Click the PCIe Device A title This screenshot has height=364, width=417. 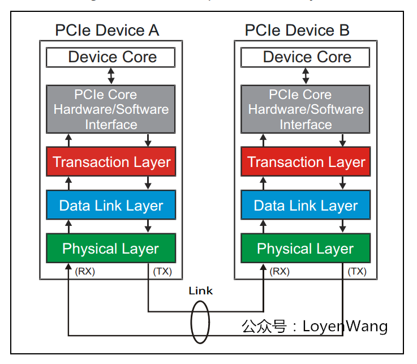point(107,30)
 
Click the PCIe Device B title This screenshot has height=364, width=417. point(297,30)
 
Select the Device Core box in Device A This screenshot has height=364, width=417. point(111,57)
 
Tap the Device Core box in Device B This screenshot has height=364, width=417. point(306,57)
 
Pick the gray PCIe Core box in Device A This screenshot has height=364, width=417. point(111,109)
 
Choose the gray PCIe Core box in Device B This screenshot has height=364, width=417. point(306,109)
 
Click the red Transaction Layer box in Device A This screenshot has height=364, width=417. point(111,162)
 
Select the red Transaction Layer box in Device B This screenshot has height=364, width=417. point(306,162)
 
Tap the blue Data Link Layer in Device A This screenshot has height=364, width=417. point(111,205)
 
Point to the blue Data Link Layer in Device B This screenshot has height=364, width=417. point(306,205)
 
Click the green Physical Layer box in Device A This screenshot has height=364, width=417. point(111,249)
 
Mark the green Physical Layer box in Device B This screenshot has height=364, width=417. point(306,249)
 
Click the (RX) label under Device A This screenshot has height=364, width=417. point(85,271)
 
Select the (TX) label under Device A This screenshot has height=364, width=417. point(163,271)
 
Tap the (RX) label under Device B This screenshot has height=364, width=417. point(280,271)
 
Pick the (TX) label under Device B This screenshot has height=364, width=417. point(357,271)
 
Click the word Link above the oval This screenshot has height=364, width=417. point(200,291)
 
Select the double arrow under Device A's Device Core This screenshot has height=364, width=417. point(111,75)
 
